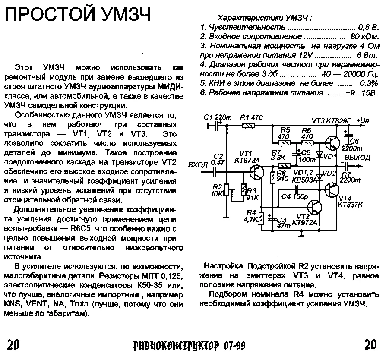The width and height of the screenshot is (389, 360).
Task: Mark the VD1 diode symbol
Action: pos(319,154)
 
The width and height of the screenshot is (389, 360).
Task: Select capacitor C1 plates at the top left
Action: pos(216,125)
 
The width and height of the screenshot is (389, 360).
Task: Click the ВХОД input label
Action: pos(198,164)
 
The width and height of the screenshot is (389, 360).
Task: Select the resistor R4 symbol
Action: pos(260,219)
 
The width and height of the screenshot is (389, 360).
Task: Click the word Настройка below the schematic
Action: pos(222,266)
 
